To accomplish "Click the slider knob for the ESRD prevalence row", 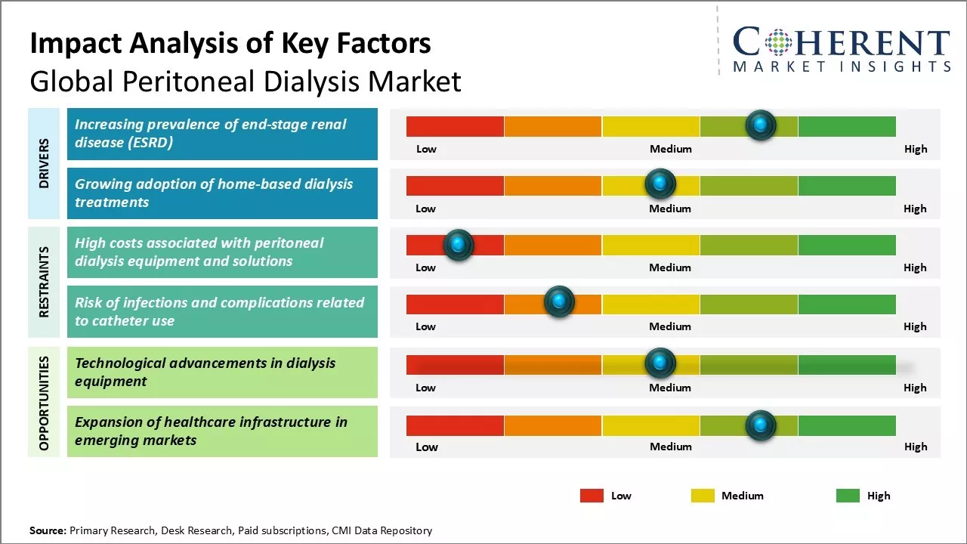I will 761,125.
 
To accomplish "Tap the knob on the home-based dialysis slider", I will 660,184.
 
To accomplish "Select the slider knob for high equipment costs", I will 458,244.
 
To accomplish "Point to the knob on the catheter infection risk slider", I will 559,302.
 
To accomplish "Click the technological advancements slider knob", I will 660,363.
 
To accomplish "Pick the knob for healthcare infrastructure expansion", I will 761,425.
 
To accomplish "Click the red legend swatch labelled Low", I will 592,496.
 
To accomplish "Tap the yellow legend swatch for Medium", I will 703,496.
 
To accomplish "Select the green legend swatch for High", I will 848,496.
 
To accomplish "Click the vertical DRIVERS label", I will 44,163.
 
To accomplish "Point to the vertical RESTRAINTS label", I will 44,282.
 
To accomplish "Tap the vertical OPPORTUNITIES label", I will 44,403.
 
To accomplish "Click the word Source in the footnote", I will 48,530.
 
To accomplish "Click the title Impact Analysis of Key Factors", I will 230,44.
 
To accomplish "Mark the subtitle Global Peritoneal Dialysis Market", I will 246,82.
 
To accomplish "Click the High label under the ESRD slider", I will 916,149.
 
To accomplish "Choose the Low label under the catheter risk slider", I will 425,326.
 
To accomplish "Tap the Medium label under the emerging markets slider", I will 671,447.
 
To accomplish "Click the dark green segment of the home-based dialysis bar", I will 847,185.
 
